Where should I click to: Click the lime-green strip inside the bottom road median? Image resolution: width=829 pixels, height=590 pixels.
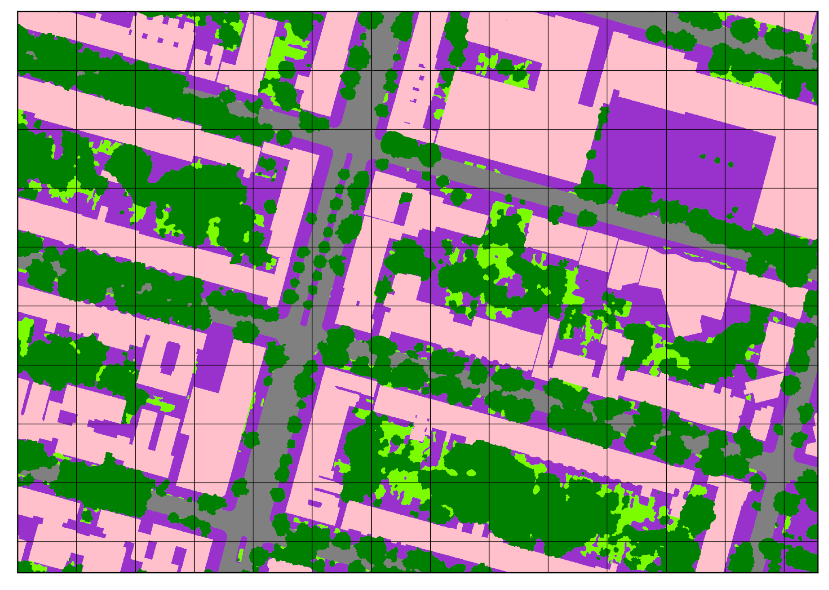241,554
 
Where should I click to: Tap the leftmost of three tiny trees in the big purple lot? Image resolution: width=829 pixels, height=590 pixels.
702,156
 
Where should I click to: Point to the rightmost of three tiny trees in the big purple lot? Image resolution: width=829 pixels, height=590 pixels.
731,164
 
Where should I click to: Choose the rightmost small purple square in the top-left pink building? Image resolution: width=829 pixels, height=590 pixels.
176,44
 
